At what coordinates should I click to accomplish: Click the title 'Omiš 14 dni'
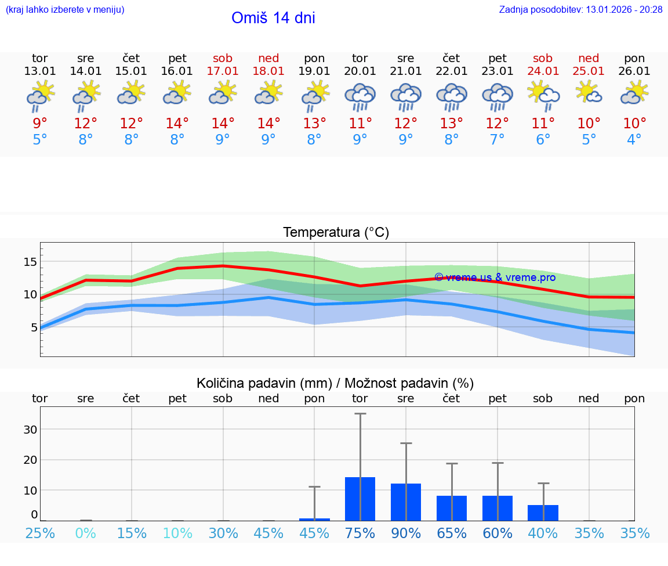tap(273, 18)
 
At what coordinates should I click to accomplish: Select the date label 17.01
tap(223, 71)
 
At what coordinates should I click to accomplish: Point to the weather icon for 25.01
tap(589, 93)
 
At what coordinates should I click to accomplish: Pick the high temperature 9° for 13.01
tap(40, 123)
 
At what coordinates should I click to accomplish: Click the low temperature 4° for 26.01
tap(634, 140)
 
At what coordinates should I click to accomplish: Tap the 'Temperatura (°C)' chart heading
tap(336, 233)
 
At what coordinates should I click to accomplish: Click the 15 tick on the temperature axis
tap(30, 262)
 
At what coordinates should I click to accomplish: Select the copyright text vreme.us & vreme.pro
tap(495, 277)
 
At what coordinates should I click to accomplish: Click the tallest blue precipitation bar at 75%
tap(360, 499)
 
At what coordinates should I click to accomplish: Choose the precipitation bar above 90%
tap(406, 502)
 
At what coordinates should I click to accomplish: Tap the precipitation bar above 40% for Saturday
tap(543, 513)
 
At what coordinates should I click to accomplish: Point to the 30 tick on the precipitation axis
tap(30, 430)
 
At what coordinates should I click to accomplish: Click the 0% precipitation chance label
tap(86, 533)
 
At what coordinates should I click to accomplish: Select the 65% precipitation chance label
tap(452, 533)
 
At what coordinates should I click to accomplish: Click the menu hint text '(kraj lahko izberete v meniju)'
tap(65, 9)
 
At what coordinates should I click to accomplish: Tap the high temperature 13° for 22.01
tap(452, 123)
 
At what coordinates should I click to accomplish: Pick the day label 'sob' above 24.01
tap(543, 58)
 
